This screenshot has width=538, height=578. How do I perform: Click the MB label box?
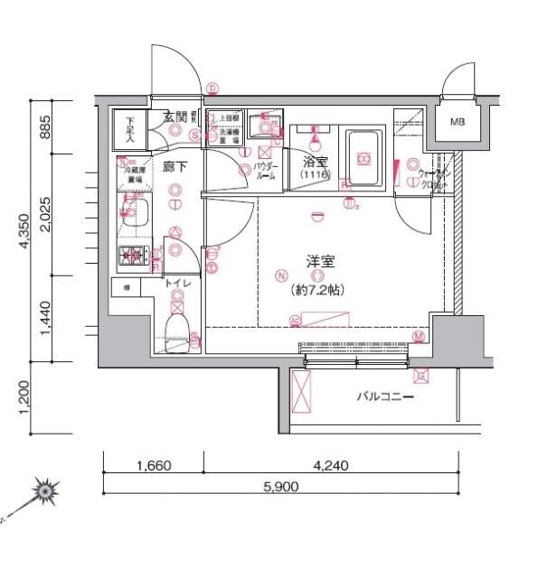457,122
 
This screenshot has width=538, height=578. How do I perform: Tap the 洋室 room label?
321,261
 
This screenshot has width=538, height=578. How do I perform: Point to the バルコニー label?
385,396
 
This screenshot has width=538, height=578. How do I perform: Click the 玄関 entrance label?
175,116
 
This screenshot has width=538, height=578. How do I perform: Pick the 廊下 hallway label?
175,166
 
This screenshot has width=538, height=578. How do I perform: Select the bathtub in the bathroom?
363,159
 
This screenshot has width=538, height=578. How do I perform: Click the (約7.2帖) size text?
317,291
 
